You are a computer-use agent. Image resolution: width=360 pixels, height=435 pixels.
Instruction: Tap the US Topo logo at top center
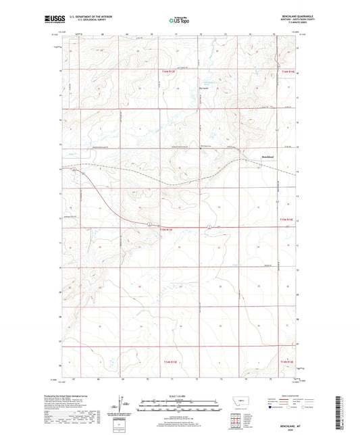179,21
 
